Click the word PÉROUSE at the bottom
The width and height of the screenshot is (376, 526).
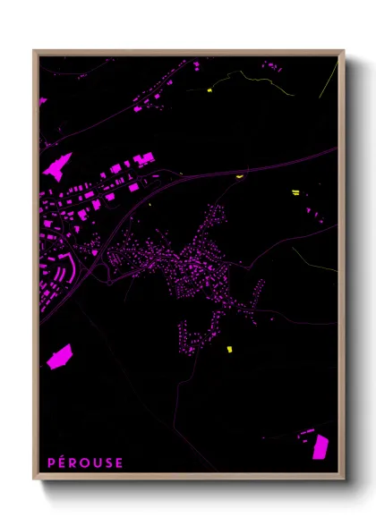86,462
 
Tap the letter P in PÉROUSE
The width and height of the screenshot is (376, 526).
52,462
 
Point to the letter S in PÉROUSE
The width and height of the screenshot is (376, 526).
109,462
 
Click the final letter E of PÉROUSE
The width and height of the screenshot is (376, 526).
121,462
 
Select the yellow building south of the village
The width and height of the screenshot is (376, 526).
228,348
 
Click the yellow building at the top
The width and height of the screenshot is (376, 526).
209,89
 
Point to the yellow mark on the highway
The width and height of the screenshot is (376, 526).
239,177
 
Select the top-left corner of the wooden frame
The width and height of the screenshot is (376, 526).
35,52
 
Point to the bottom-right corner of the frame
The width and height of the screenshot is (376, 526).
343,479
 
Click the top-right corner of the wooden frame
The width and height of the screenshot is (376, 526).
343,52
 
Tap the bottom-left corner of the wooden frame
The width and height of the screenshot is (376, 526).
35,479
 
